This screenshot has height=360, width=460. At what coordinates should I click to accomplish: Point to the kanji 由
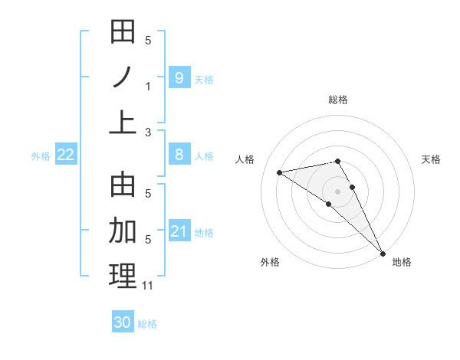tap(123, 185)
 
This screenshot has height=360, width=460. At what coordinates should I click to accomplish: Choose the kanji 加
tap(123, 230)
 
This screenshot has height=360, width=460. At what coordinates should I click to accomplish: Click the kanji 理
tap(123, 276)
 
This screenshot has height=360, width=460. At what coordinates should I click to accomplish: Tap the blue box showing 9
tap(179, 77)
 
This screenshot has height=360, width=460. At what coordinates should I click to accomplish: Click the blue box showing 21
tap(179, 231)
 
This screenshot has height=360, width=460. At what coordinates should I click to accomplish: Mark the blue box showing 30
tap(123, 322)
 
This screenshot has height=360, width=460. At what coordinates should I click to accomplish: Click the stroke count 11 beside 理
tap(148, 286)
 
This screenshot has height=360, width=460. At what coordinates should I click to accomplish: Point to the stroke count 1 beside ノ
tap(148, 87)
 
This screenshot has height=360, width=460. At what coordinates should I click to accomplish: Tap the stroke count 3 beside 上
tap(148, 132)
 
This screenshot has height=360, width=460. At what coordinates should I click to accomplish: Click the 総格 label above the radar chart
tap(337, 100)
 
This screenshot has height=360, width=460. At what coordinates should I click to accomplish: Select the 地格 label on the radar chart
tap(402, 262)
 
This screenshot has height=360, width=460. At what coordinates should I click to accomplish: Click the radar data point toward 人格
tap(280, 172)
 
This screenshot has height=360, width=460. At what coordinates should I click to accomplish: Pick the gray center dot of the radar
tap(337, 191)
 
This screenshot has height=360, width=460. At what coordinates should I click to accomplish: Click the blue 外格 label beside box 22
tap(41, 156)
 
